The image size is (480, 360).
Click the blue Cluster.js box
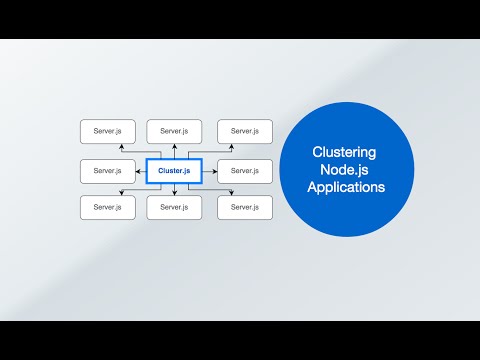click(174, 171)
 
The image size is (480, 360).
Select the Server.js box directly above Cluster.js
click(174, 131)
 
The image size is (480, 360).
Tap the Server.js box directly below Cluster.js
click(174, 208)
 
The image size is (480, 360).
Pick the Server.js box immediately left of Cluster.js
click(107, 171)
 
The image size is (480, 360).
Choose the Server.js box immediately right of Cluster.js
click(244, 171)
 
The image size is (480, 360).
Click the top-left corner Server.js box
click(107, 131)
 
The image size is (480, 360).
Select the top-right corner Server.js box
click(244, 131)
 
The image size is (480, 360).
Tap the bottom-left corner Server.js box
click(107, 208)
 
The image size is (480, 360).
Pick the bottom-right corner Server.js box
click(244, 208)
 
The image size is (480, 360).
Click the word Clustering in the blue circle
click(344, 152)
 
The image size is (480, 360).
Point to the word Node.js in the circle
click(344, 170)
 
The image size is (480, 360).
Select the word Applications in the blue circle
click(345, 188)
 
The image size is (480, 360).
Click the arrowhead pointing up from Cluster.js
click(174, 146)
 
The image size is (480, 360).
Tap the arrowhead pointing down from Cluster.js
click(174, 193)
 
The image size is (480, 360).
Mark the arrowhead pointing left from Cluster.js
click(138, 171)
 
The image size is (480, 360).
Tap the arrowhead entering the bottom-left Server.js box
click(121, 193)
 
